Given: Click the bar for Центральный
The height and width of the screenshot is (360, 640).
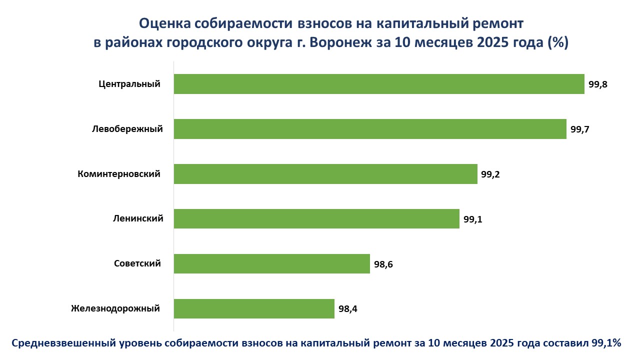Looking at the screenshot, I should click(379, 84).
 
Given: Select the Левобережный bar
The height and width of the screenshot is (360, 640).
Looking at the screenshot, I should click(370, 129).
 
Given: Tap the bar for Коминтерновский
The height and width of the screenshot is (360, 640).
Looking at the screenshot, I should click(325, 174).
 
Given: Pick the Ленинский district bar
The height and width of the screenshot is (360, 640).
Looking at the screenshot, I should click(316, 218).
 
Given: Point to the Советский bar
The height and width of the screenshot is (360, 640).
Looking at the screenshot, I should click(271, 263).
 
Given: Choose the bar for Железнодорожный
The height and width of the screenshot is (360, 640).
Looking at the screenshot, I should click(254, 308).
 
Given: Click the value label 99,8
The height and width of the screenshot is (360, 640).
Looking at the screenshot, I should click(598, 84).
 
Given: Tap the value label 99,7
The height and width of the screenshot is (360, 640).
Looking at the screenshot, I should click(580, 129).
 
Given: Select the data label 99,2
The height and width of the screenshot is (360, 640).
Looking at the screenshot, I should click(491, 174).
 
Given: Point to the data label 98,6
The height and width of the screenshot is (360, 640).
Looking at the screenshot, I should click(383, 264).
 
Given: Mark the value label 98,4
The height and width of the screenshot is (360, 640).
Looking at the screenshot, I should click(348, 309).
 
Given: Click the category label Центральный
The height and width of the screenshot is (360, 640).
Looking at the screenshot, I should click(129, 84).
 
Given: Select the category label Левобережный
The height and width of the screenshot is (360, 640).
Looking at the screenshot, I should click(127, 129).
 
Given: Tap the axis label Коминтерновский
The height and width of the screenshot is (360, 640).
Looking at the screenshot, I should click(119, 174).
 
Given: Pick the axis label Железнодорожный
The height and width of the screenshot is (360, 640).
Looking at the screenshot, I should click(115, 308).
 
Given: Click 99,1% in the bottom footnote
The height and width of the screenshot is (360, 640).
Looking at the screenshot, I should click(606, 343).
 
